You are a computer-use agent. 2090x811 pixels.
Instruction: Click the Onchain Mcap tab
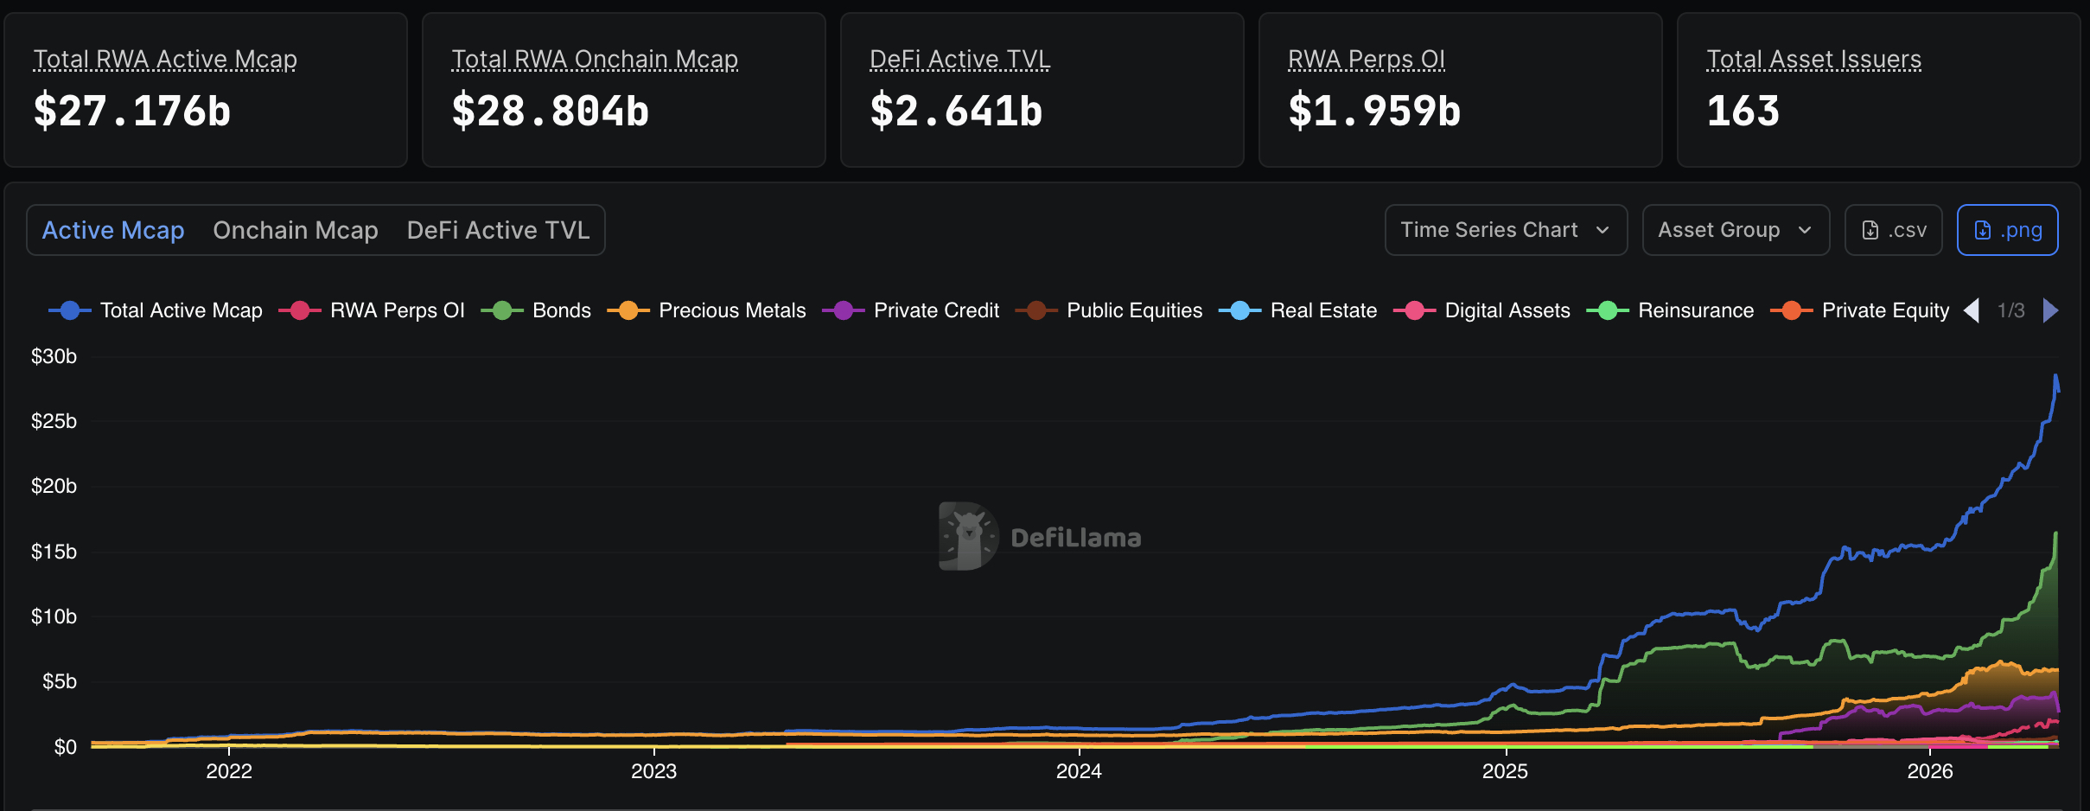[x=296, y=230]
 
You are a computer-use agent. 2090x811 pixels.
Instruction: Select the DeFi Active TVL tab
[x=498, y=230]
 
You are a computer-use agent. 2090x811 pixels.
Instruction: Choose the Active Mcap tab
[x=113, y=230]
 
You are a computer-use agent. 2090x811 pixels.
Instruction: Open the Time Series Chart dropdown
[x=1505, y=230]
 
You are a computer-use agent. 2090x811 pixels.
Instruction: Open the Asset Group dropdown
[x=1735, y=230]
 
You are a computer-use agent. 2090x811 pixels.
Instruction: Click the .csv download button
[x=1893, y=230]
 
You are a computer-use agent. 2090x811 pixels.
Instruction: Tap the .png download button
[x=2007, y=230]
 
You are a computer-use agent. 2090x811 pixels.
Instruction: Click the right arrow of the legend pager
[x=2050, y=310]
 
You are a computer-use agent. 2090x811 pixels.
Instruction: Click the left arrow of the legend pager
[x=1972, y=310]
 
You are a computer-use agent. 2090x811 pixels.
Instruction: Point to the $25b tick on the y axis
[x=54, y=421]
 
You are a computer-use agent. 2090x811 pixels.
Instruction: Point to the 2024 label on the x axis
[x=1079, y=770]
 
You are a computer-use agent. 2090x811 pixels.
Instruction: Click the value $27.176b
[x=132, y=112]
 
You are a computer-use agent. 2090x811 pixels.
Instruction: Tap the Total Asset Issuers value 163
[x=1743, y=112]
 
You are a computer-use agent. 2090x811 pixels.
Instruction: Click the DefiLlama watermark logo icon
[x=968, y=536]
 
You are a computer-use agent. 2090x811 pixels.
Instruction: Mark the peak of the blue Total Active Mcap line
[x=2055, y=375]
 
